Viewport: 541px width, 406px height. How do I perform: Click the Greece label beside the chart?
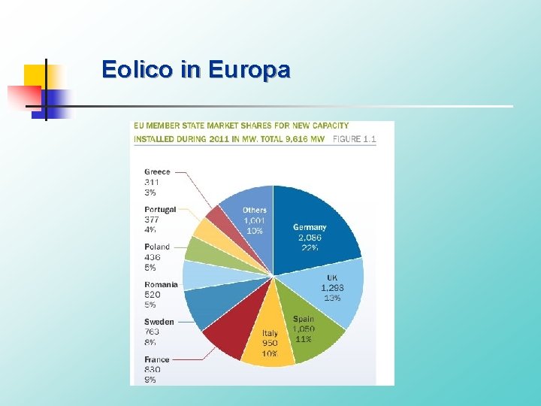pyautogui.click(x=158, y=171)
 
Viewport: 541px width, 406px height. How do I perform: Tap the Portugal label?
pyautogui.click(x=160, y=209)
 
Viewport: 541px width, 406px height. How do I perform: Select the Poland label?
pyautogui.click(x=158, y=247)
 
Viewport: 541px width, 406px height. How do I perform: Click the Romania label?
pyautogui.click(x=162, y=284)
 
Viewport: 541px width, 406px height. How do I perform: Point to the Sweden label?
pyautogui.click(x=159, y=322)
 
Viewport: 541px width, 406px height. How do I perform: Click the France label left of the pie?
pyautogui.click(x=157, y=359)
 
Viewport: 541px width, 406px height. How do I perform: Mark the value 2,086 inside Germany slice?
pyautogui.click(x=310, y=238)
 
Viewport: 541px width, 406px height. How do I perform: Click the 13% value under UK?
pyautogui.click(x=331, y=298)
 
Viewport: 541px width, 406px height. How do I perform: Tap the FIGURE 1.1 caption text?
pyautogui.click(x=354, y=139)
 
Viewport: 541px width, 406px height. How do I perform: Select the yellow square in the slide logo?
pyautogui.click(x=34, y=75)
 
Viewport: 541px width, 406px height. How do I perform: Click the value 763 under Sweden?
pyautogui.click(x=153, y=332)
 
